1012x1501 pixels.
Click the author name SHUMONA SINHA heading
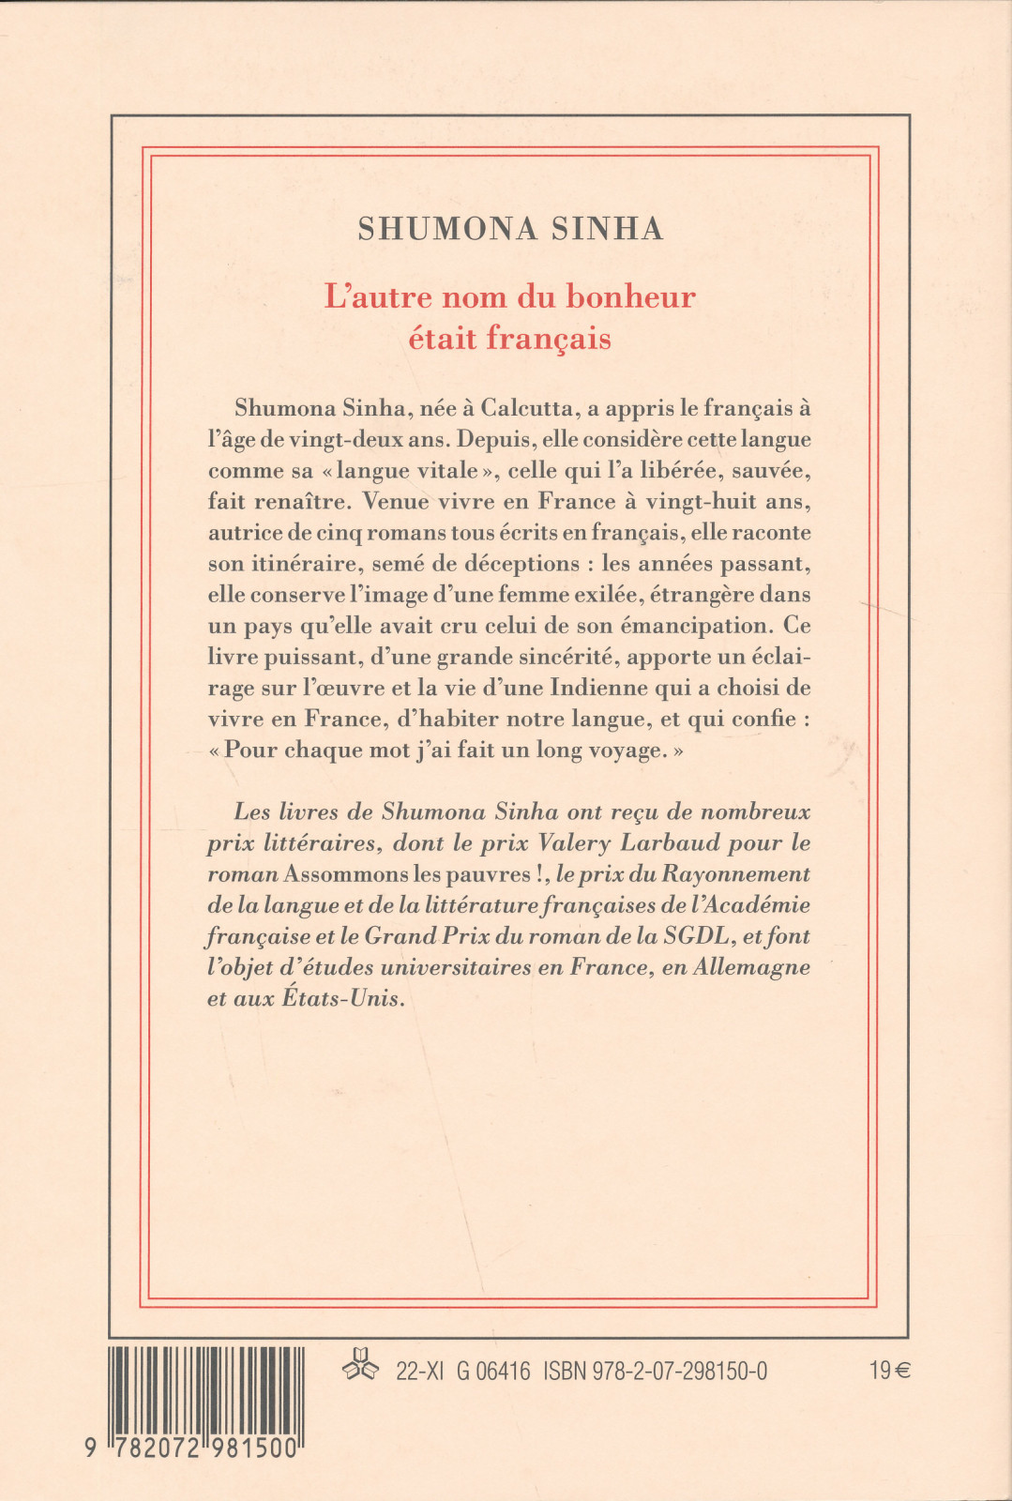[x=510, y=229]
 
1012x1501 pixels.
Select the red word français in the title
[x=549, y=339]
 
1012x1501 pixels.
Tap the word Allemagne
[x=751, y=967]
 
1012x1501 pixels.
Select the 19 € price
[x=889, y=1372]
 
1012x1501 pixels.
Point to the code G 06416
[x=493, y=1372]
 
